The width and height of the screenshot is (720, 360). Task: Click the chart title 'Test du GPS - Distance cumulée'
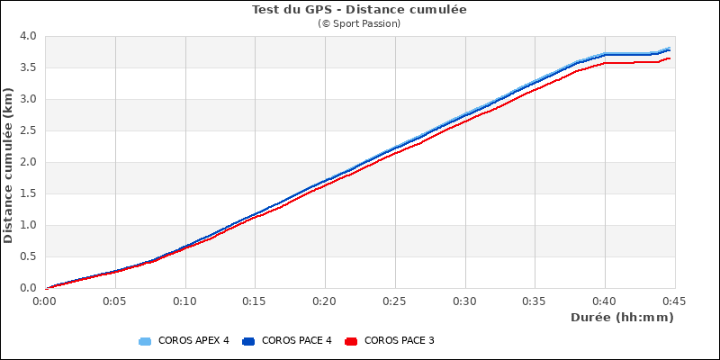(359, 10)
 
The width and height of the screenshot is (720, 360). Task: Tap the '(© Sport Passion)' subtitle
(359, 23)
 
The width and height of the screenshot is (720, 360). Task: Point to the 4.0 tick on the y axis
(28, 37)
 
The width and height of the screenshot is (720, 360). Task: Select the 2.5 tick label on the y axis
(28, 131)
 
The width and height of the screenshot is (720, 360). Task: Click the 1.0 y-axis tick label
(28, 226)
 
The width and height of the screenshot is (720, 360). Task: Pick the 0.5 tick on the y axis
(28, 257)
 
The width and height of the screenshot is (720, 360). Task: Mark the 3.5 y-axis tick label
(28, 68)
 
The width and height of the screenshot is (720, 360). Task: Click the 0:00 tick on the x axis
(46, 301)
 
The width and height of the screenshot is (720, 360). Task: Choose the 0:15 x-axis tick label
(255, 301)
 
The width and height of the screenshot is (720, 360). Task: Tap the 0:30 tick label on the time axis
(464, 301)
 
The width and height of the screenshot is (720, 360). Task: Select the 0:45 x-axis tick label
(673, 301)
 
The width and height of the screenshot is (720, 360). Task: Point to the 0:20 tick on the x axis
(325, 301)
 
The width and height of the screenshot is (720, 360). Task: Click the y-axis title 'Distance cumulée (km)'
(9, 162)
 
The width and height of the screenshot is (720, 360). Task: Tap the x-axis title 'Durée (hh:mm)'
(622, 318)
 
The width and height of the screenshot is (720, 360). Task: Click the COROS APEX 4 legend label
(193, 341)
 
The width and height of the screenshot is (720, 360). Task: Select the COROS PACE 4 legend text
(297, 341)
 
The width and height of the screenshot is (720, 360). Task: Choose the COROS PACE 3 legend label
(400, 341)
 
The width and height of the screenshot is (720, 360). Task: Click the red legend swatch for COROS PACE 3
(352, 341)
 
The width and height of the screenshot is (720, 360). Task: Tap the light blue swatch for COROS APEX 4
(145, 341)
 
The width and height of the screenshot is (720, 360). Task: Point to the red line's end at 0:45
(670, 58)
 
